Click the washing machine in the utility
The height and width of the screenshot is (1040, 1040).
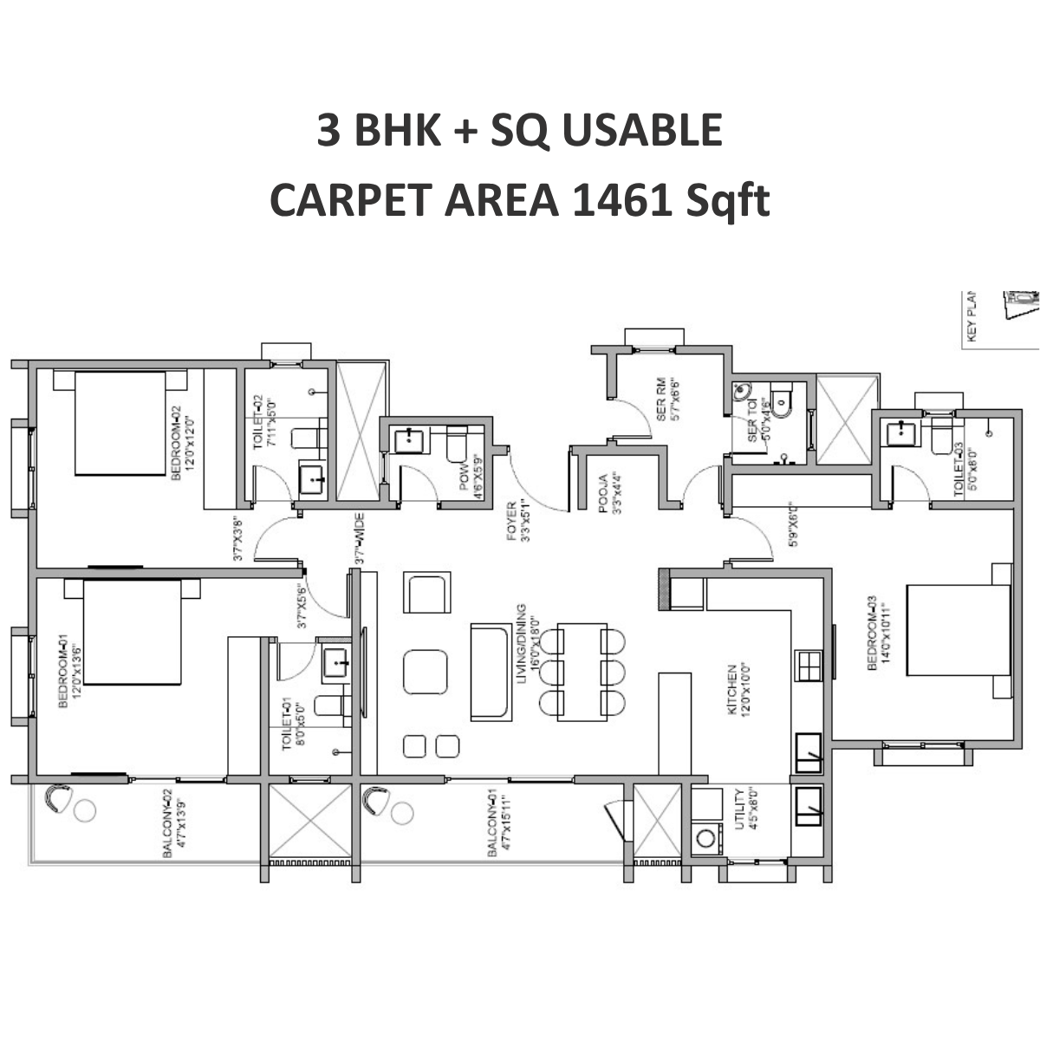tap(708, 838)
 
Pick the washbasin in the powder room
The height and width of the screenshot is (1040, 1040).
tap(406, 440)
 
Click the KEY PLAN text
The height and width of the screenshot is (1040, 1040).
tap(971, 315)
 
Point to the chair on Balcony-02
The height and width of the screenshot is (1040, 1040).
tap(58, 799)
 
